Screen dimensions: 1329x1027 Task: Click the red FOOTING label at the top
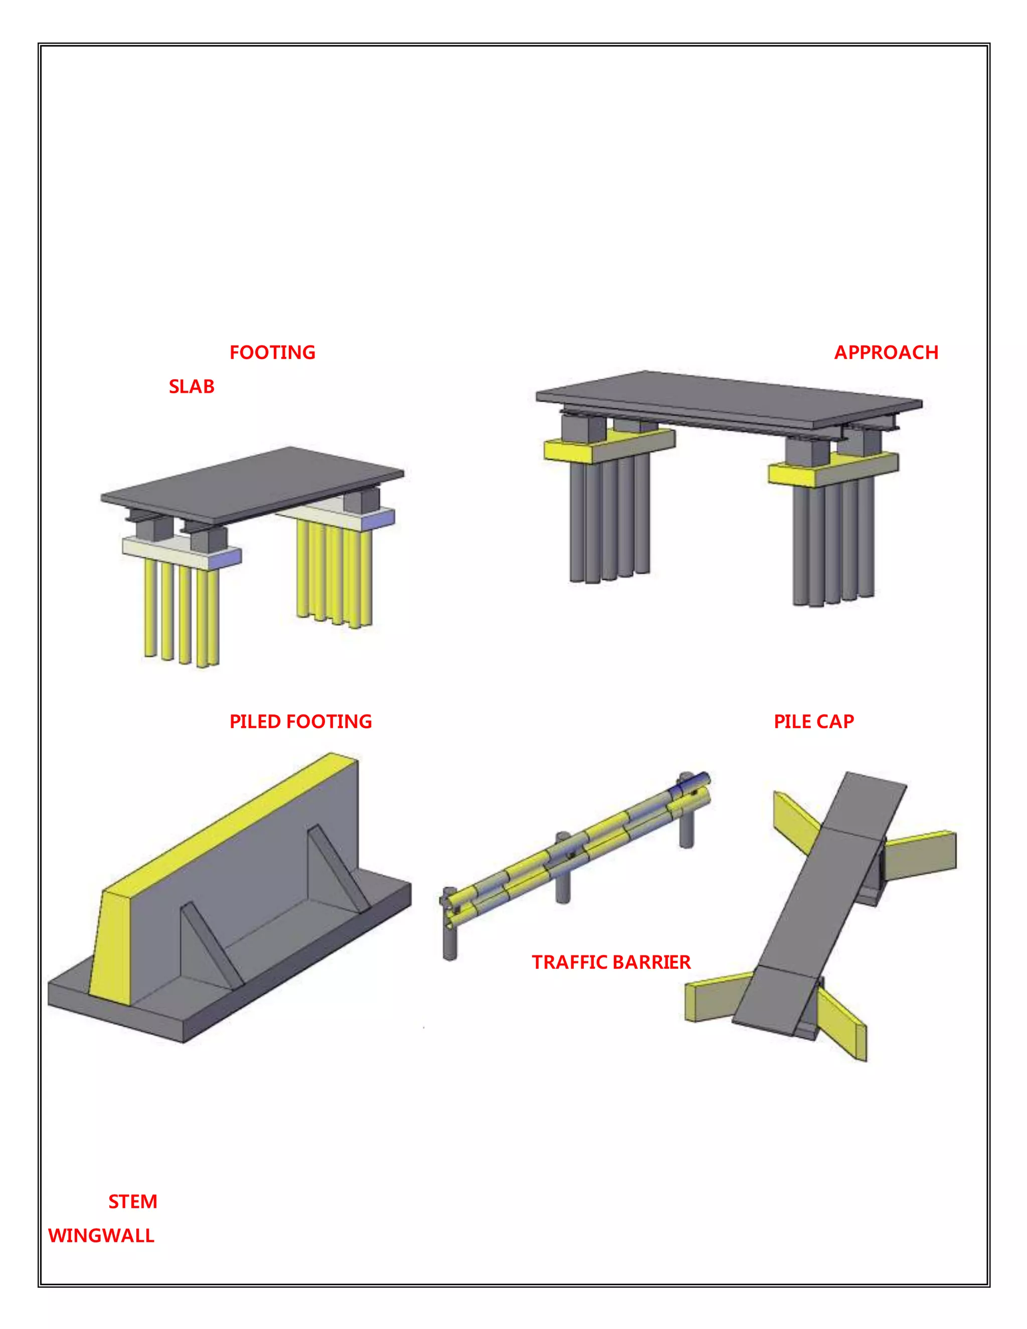pos(272,353)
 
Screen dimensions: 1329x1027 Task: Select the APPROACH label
pos(886,353)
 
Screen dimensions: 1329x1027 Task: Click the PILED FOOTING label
pos(300,722)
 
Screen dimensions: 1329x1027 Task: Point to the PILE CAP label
pos(813,722)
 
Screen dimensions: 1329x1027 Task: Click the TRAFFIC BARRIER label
pos(611,962)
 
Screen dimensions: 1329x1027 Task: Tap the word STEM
pos(132,1202)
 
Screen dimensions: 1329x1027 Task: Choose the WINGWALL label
pos(101,1236)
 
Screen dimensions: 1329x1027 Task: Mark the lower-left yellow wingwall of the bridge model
pos(715,998)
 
